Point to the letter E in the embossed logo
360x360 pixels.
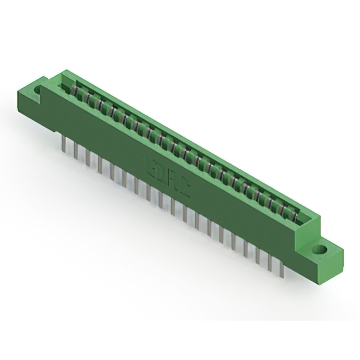[x=152, y=169]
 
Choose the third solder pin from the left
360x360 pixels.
[x=87, y=159]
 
